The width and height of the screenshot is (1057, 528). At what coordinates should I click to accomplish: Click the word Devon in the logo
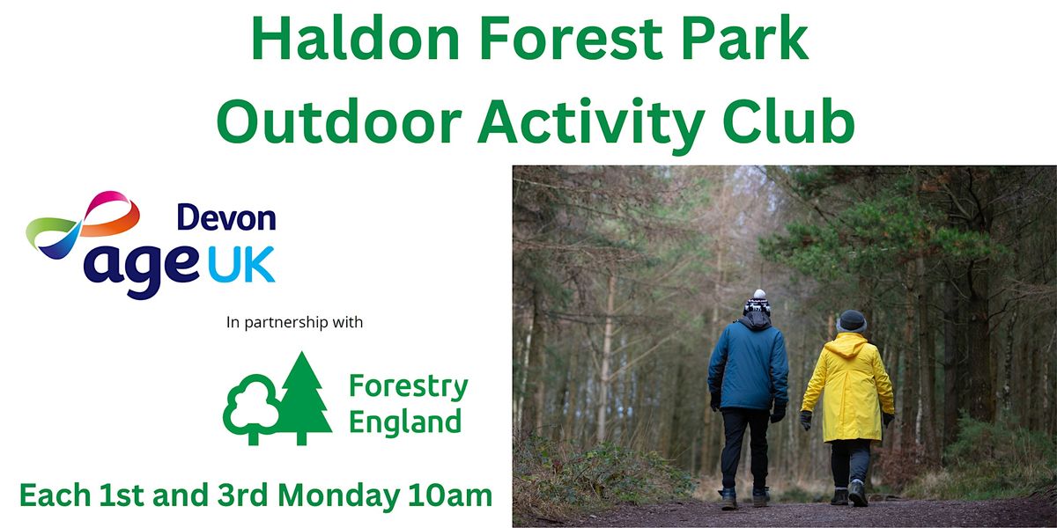coord(226,217)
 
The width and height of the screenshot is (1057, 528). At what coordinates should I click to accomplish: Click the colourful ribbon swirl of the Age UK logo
coord(84,220)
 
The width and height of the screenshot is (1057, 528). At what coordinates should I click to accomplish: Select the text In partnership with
coord(294,323)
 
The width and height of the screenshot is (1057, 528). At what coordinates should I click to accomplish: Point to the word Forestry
coord(408,387)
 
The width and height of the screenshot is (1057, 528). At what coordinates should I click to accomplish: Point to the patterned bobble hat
coord(757,304)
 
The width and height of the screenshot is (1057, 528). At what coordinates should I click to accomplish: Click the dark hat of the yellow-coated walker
coord(851,321)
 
